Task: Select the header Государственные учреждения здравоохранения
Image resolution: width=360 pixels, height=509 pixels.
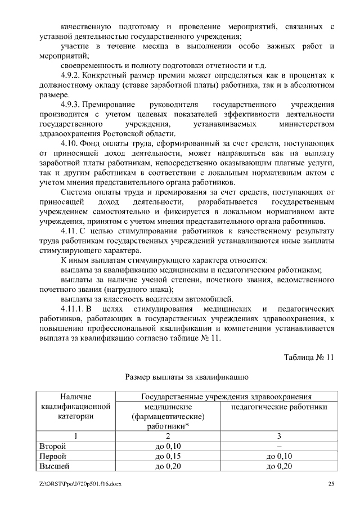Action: point(227,397)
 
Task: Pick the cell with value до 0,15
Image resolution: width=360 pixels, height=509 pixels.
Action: point(167,456)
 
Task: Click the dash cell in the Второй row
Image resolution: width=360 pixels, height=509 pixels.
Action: point(280,446)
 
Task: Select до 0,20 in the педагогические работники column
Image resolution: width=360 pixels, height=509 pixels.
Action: point(280,466)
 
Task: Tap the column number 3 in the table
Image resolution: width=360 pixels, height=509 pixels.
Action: point(280,436)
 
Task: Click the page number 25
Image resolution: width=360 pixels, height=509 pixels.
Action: point(331,483)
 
